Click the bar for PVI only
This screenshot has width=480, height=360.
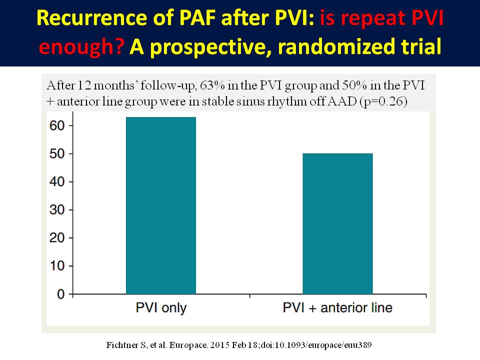(161, 205)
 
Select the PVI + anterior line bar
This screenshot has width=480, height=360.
(337, 224)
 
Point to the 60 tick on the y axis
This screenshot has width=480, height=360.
(57, 125)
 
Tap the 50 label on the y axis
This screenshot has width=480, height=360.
(57, 153)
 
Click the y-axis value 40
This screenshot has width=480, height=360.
(57, 182)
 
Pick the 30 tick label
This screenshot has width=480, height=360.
(57, 209)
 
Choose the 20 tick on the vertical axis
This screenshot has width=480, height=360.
(57, 238)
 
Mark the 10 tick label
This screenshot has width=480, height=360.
(57, 265)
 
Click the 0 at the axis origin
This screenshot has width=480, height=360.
(61, 294)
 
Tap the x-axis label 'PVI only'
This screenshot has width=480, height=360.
(161, 308)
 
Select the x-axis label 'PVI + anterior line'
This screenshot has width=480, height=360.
(337, 307)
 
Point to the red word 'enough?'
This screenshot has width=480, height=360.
(81, 47)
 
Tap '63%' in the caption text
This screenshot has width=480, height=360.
(212, 85)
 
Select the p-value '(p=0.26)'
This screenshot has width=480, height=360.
(383, 101)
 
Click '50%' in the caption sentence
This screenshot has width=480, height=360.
(354, 85)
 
